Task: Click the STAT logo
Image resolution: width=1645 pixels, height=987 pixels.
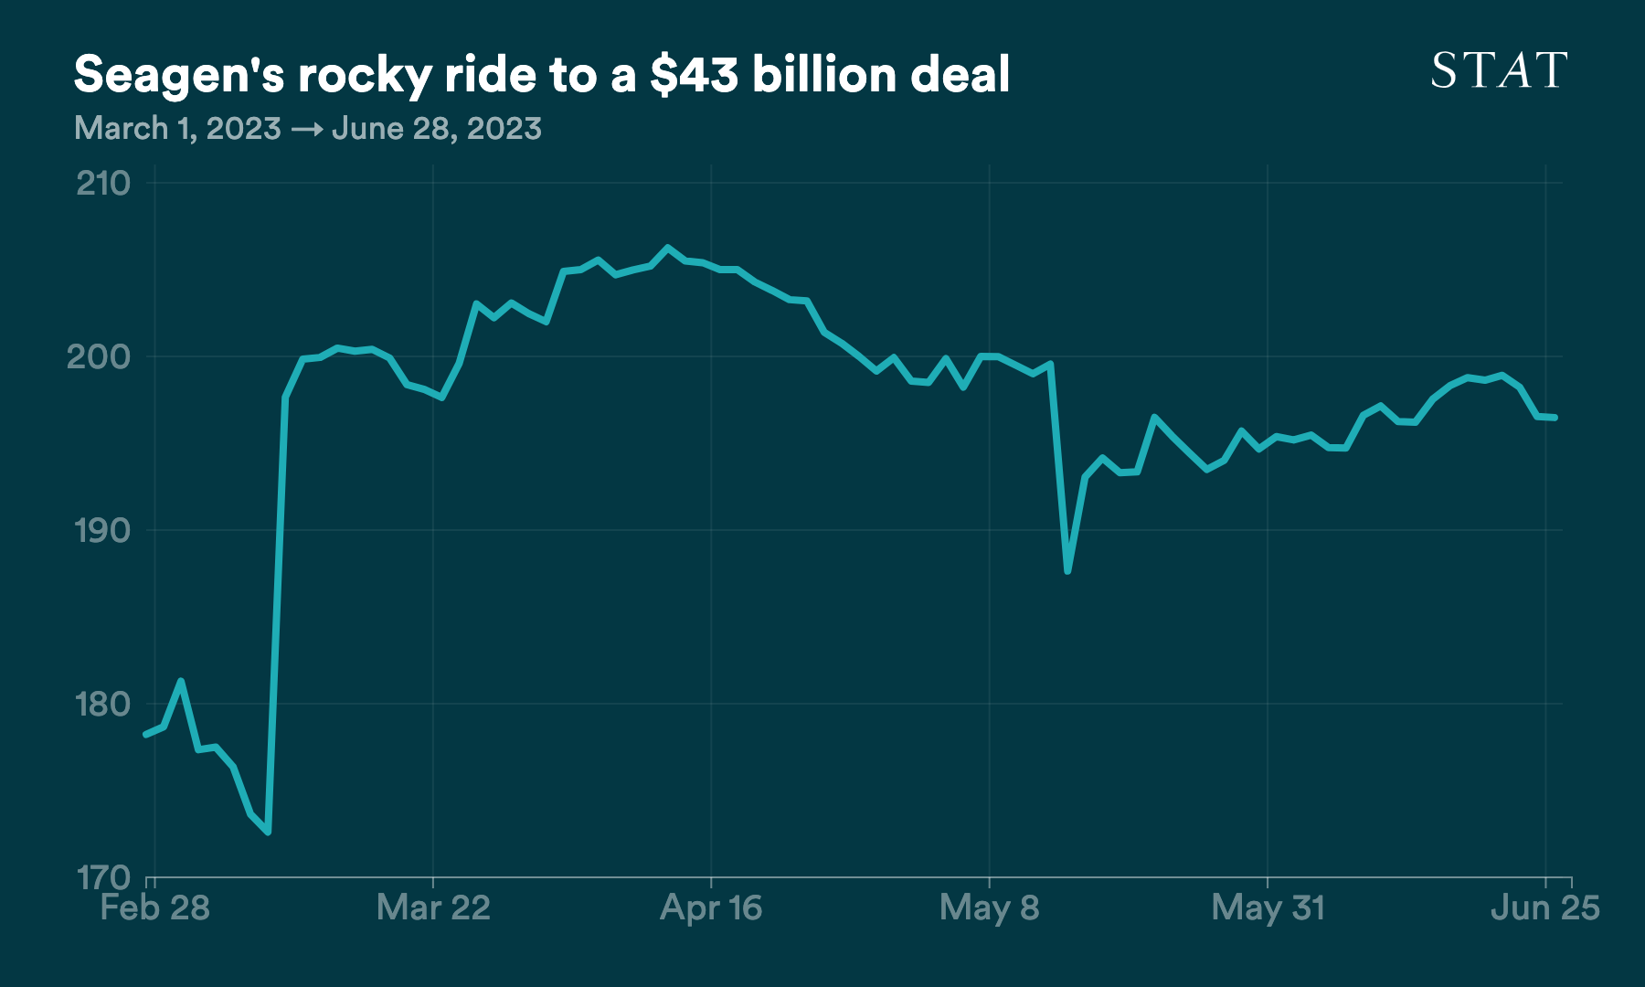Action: [1499, 70]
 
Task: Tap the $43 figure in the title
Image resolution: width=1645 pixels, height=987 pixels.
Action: [694, 75]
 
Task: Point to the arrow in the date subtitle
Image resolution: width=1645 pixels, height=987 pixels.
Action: [306, 130]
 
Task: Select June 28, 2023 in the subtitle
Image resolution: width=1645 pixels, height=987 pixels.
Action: [437, 129]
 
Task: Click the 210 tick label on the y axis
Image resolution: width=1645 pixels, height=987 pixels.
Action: [103, 184]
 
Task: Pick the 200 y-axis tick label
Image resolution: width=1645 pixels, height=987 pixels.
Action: [99, 356]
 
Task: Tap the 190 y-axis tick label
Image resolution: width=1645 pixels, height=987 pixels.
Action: [101, 531]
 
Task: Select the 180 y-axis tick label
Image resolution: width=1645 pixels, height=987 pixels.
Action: [101, 705]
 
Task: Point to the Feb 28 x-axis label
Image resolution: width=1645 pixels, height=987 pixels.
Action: [154, 907]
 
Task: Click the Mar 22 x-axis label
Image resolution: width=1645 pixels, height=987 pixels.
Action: [433, 907]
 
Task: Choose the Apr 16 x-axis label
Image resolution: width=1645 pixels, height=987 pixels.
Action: [711, 907]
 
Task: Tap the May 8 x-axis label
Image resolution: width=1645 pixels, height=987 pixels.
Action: [989, 907]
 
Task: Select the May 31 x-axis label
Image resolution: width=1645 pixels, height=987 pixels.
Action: [1268, 907]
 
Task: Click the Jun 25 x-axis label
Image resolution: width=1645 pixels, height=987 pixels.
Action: [1544, 907]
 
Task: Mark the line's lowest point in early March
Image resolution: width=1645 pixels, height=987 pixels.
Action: [268, 832]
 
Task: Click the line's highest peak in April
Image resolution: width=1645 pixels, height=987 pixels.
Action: [667, 248]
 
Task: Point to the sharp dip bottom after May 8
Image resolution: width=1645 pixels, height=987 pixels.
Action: [1067, 571]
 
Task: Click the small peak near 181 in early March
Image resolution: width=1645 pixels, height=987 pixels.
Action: [181, 681]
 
